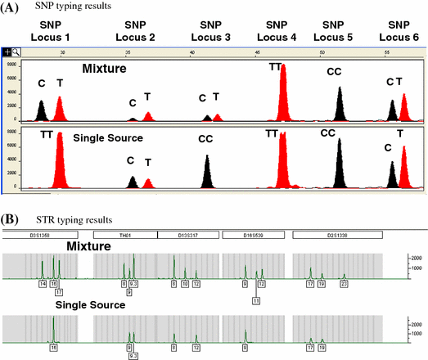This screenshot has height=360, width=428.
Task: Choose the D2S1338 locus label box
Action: click(332, 235)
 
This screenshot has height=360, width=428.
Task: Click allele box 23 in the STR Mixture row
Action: click(345, 283)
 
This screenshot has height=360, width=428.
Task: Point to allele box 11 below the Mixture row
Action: click(256, 301)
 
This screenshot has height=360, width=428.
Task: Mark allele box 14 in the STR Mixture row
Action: click(43, 283)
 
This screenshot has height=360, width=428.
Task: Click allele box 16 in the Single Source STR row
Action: click(53, 347)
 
